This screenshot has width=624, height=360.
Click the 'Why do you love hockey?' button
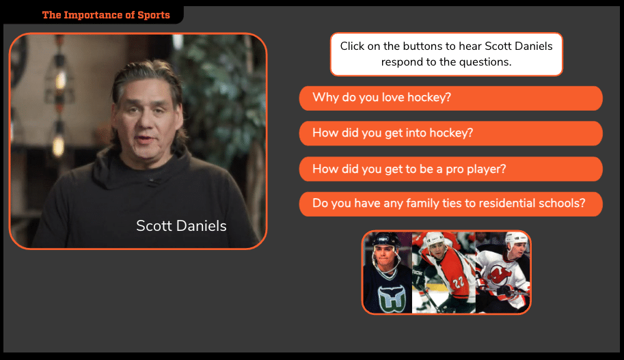click(450, 98)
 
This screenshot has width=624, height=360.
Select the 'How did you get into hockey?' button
click(450, 133)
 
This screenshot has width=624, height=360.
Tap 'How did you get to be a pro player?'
click(450, 169)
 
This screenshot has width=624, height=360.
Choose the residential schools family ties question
click(450, 204)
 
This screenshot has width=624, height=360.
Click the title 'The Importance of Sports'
click(106, 15)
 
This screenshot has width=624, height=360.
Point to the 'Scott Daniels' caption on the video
click(181, 225)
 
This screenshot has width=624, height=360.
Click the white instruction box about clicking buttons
click(446, 54)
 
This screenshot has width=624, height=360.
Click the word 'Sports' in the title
click(152, 15)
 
